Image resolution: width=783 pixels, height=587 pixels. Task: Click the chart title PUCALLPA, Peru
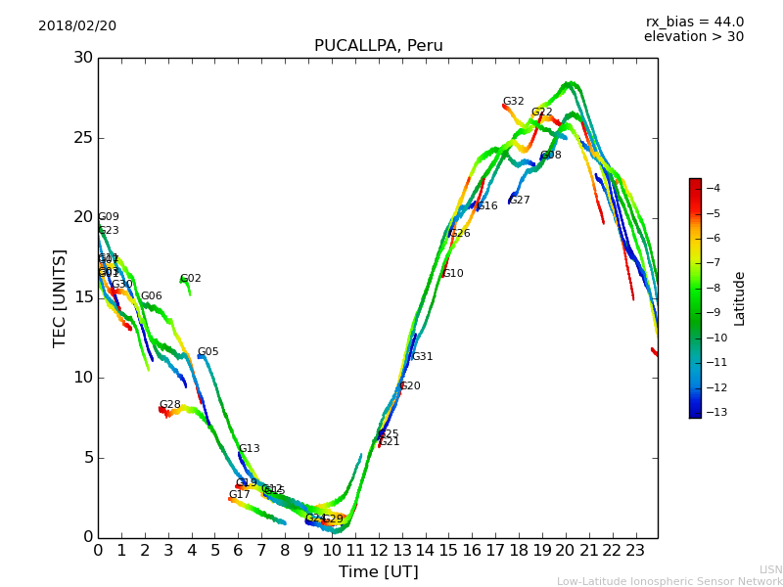378,46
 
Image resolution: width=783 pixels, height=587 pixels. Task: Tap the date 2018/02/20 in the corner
77,25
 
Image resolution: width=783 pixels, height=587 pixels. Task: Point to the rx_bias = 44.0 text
694,22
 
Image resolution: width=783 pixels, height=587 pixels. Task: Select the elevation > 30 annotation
693,37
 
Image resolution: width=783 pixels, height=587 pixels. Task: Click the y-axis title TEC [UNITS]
61,297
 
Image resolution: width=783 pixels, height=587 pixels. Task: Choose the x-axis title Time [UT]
378,572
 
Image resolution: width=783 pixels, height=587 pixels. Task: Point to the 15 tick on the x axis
448,550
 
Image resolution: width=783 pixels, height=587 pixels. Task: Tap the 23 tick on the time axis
635,550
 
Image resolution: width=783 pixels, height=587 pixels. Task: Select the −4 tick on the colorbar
713,188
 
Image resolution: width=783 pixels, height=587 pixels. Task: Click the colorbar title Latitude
740,298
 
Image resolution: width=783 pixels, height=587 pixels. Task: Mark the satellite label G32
513,102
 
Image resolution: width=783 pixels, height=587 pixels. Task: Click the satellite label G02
190,279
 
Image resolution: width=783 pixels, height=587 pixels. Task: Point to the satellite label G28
169,405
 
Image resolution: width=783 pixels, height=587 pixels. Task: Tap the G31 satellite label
422,357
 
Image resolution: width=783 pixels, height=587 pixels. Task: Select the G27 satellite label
519,201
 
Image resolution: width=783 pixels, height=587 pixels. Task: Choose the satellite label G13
249,449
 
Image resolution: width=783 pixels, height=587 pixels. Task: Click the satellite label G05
207,352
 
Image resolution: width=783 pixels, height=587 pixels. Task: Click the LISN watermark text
770,569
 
